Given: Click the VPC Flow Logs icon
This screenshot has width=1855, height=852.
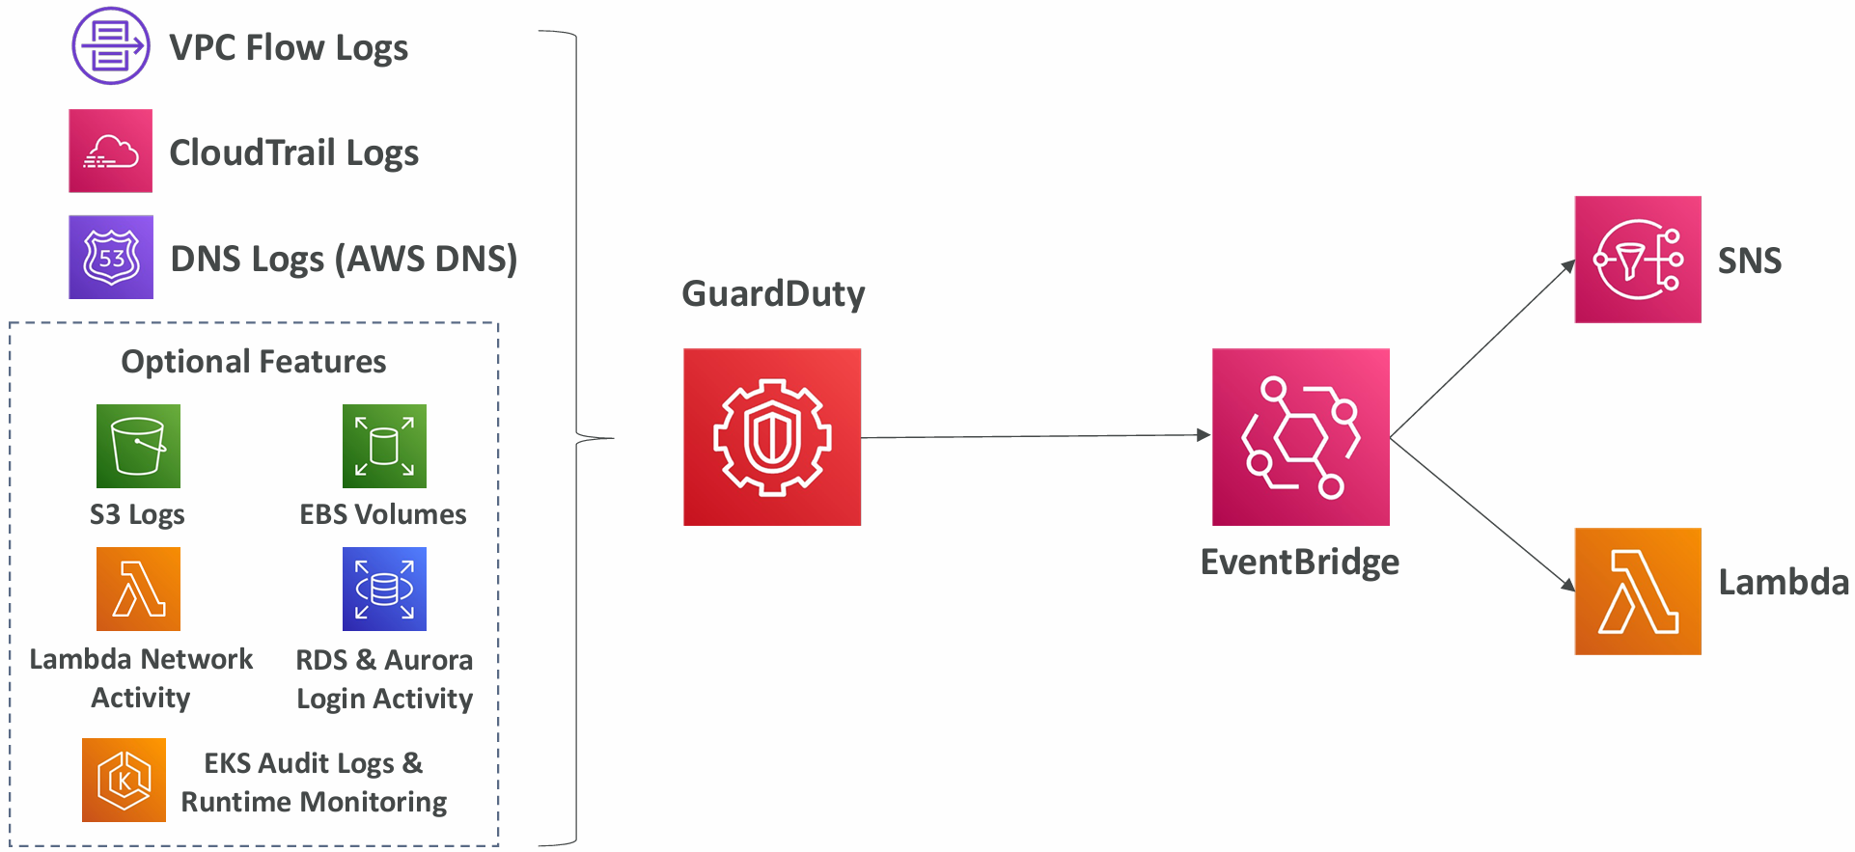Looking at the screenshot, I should point(110,46).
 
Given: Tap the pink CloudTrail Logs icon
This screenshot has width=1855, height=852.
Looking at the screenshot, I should point(110,151).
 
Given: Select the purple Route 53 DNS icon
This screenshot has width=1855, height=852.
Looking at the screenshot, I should point(110,257).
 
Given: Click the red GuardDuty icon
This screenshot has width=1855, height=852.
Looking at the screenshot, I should point(771,437).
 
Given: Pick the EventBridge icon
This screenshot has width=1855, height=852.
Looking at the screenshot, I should point(1300,437).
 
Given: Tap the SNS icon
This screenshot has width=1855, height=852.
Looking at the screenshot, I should point(1637,260).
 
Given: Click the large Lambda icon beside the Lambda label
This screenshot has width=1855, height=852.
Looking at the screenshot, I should point(1637,591).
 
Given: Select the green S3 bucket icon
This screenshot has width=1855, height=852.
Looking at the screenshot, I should point(138,446).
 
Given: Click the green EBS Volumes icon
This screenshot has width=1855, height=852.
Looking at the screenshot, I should point(384,446).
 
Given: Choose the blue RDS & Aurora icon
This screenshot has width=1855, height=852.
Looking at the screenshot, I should point(384,589).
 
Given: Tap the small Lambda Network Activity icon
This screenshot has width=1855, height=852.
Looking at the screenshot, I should point(138,589).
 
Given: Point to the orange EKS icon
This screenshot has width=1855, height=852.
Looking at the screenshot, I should point(124,780).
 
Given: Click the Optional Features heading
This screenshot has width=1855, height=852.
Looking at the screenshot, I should point(253,362).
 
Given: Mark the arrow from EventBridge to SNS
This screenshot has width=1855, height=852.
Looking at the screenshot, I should point(1481,349).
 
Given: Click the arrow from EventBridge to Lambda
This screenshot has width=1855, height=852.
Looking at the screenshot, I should point(1481,513).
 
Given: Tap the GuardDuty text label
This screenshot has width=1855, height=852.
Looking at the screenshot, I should point(773,294).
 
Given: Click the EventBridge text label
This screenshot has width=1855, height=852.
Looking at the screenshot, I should point(1299,563).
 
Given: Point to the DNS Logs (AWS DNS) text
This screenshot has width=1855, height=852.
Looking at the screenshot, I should point(344,259).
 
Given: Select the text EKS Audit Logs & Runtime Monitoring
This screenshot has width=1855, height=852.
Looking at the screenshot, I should point(314,783).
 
